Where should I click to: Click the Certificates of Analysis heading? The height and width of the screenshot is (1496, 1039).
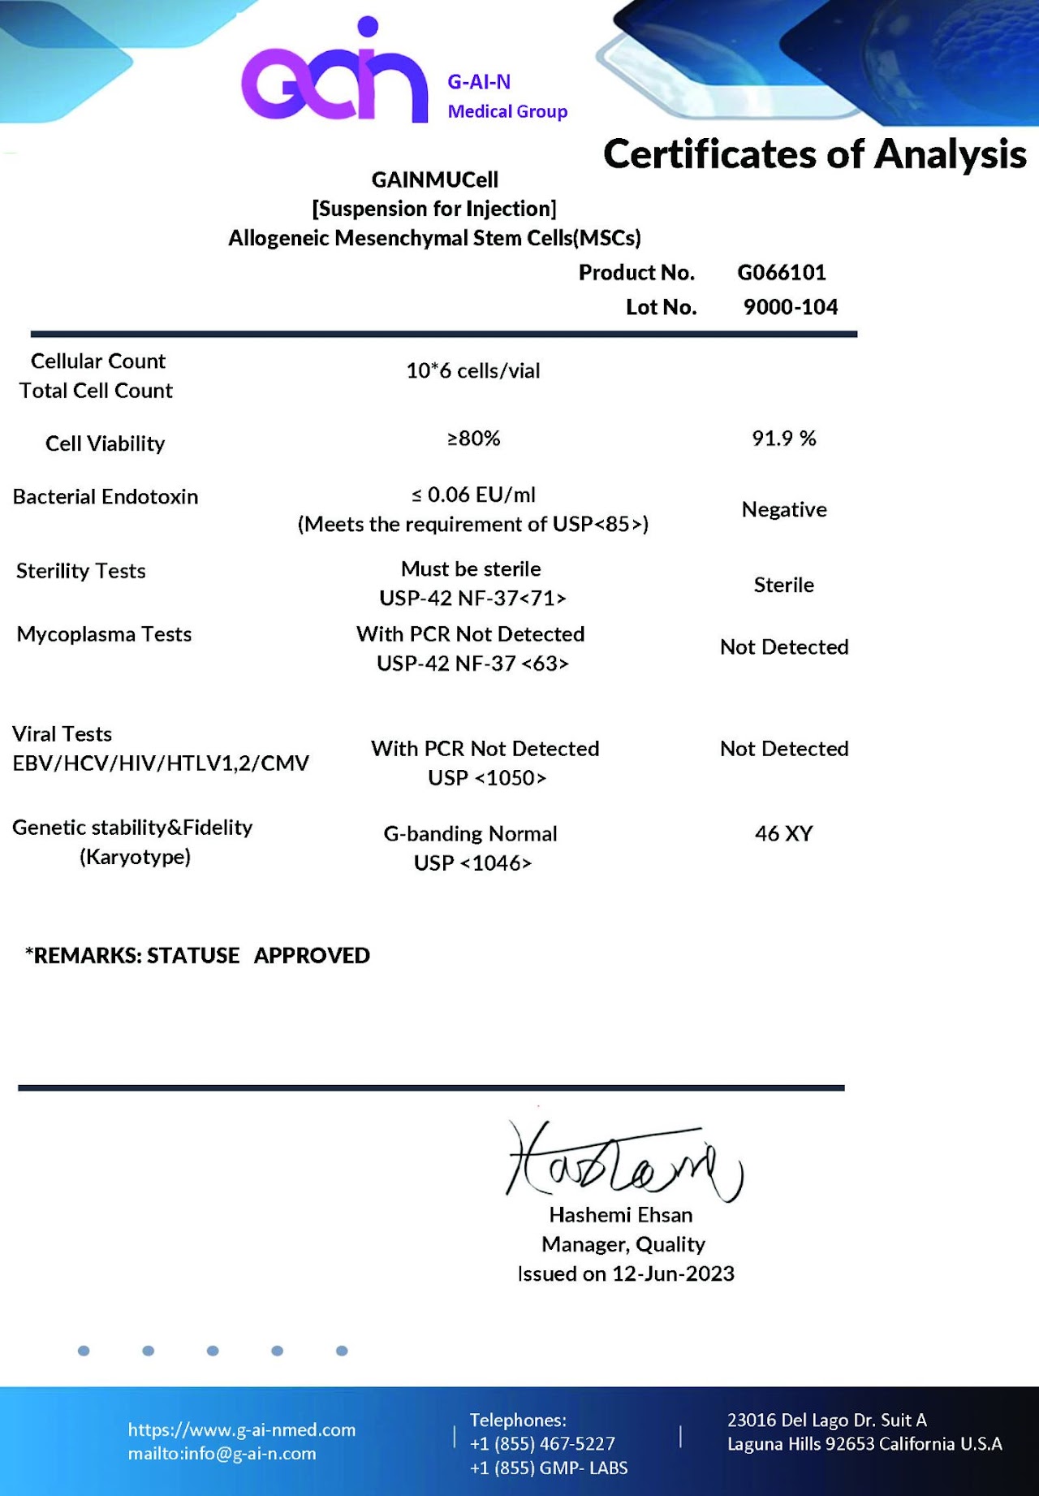click(x=814, y=154)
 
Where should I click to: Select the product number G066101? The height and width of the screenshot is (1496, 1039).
click(x=781, y=272)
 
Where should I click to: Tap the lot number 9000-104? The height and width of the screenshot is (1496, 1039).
click(x=790, y=307)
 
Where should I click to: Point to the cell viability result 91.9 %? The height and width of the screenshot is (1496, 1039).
click(x=783, y=439)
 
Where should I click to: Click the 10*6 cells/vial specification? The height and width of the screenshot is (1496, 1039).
click(x=472, y=371)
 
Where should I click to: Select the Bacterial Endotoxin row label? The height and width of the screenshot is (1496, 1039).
click(x=106, y=497)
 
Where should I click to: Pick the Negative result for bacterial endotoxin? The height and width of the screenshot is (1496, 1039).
click(x=783, y=510)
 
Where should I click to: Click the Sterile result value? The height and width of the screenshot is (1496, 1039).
click(x=783, y=585)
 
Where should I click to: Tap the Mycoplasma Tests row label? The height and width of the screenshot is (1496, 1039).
click(x=104, y=634)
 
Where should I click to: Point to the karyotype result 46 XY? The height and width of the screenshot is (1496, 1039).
click(x=783, y=834)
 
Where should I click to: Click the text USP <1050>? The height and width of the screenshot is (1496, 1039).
click(x=487, y=778)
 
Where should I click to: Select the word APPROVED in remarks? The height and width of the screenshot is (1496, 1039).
click(x=312, y=956)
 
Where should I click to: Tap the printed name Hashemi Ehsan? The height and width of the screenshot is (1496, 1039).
click(x=621, y=1215)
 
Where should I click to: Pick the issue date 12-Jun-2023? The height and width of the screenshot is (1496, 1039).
click(x=673, y=1273)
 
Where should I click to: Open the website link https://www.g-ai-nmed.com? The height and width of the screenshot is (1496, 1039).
click(x=242, y=1429)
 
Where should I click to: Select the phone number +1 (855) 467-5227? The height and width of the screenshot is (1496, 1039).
click(x=542, y=1443)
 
